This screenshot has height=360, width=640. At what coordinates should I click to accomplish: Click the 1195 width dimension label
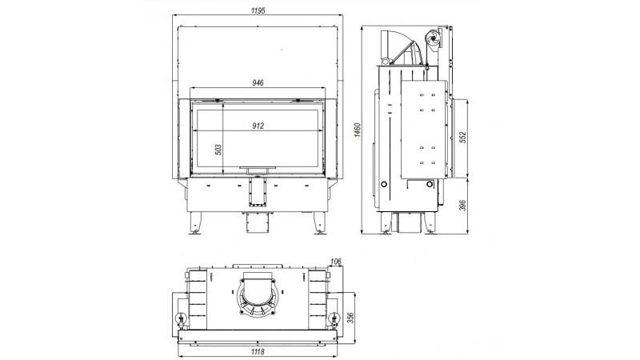pyautogui.click(x=258, y=10)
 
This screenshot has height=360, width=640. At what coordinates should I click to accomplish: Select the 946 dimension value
pyautogui.click(x=258, y=83)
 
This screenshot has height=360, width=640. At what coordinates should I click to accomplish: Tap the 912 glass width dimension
pyautogui.click(x=258, y=126)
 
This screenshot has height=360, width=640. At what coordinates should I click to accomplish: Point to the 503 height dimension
pyautogui.click(x=218, y=150)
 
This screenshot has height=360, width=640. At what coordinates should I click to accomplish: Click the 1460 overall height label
pyautogui.click(x=358, y=130)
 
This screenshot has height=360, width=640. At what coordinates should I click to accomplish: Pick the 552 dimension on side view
pyautogui.click(x=462, y=137)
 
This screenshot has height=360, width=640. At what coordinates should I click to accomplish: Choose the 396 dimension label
pyautogui.click(x=462, y=206)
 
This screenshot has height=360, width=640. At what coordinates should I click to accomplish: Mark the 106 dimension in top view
pyautogui.click(x=335, y=262)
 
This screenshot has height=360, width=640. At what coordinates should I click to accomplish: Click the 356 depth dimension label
pyautogui.click(x=350, y=318)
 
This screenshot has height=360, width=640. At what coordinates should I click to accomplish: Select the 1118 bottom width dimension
pyautogui.click(x=258, y=352)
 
